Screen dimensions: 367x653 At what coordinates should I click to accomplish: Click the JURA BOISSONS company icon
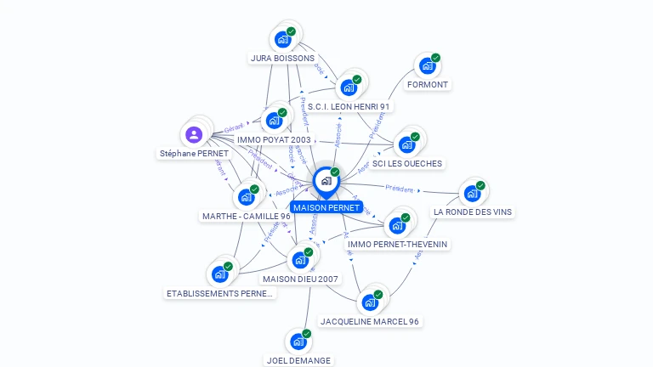pos(283,39)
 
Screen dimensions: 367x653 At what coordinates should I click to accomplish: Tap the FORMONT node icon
pos(428,65)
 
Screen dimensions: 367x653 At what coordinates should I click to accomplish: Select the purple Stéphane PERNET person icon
pos(194,134)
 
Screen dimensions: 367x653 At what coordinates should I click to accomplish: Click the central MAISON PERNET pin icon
pos(326,181)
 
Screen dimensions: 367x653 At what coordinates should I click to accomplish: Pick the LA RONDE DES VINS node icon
pos(473,193)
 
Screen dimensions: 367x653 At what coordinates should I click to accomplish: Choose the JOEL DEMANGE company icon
pos(298,341)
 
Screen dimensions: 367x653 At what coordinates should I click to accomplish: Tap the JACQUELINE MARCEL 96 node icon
pos(370,302)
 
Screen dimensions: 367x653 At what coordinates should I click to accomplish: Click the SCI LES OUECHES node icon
pos(407,144)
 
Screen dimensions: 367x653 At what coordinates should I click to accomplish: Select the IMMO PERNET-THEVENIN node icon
pos(397,225)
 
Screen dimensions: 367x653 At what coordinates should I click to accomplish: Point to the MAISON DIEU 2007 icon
pos(300,260)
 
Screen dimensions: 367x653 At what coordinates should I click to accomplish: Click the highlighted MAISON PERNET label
pos(326,207)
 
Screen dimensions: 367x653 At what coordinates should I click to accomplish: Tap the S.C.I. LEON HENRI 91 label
pos(349,106)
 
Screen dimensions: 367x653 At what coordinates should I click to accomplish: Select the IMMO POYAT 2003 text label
pos(274,139)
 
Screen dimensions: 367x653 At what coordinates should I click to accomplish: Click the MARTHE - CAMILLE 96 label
pos(247,216)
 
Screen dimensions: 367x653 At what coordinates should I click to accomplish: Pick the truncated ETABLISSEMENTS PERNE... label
pos(220,293)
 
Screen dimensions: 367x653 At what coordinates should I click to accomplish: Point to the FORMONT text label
pos(428,85)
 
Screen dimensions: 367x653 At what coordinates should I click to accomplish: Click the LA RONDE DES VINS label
pos(473,212)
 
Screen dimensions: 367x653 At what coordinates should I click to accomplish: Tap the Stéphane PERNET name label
pos(194,154)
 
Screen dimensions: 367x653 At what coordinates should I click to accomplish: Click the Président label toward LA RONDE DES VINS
pos(399,189)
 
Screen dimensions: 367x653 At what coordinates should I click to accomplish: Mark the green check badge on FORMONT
pos(435,58)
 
